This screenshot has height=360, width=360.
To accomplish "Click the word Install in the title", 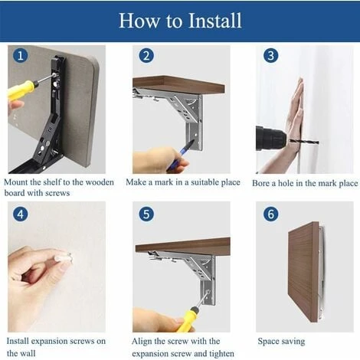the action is pyautogui.click(x=214, y=21).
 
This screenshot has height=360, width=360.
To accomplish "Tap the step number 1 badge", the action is pyautogui.click(x=21, y=56).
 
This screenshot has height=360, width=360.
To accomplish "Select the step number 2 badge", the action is pyautogui.click(x=146, y=56).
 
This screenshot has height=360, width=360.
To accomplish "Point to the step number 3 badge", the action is pyautogui.click(x=271, y=56).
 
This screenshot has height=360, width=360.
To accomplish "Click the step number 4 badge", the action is pyautogui.click(x=21, y=214).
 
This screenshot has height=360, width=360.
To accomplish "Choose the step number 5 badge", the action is pyautogui.click(x=146, y=214).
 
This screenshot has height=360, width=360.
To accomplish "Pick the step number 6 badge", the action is pyautogui.click(x=271, y=214).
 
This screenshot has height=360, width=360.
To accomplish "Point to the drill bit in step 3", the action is pyautogui.click(x=304, y=141).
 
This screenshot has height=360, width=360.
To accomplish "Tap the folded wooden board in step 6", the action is pyautogui.click(x=304, y=272).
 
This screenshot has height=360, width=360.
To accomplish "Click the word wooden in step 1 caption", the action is pyautogui.click(x=100, y=182).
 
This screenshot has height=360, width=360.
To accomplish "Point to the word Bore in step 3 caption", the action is pyautogui.click(x=261, y=183).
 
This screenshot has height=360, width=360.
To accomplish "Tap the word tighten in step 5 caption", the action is pyautogui.click(x=221, y=354).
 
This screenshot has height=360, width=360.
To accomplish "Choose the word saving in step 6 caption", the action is pyautogui.click(x=293, y=342).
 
